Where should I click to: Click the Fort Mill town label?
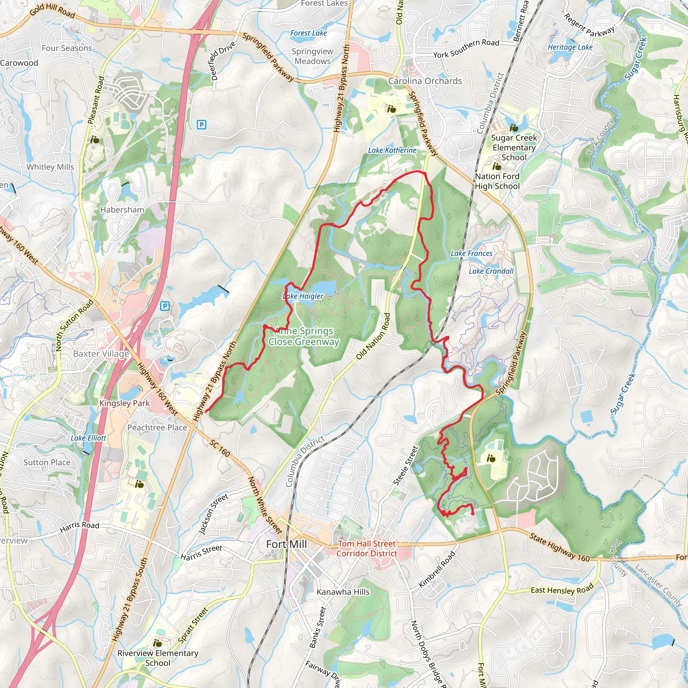coord(286,544)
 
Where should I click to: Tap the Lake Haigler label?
coord(303,296)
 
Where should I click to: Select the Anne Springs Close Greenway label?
coord(304,336)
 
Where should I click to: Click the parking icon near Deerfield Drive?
coord(202,124)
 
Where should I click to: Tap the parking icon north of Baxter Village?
coord(165,306)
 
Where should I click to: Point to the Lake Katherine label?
coord(392,150)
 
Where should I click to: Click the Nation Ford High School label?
coord(497,181)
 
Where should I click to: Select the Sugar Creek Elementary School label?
coord(514,147)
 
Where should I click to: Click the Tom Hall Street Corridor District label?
coord(367,548)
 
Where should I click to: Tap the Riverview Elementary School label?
coord(158,658)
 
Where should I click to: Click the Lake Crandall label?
coord(491,271)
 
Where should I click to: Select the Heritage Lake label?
coord(570,47)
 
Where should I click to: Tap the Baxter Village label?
coord(101,354)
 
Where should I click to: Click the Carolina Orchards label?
coord(425,81)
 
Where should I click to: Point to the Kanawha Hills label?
coord(343,592)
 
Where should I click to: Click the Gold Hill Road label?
coord(52,11)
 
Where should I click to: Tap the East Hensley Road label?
coord(562,590)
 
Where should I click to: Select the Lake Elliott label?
coord(88,438)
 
